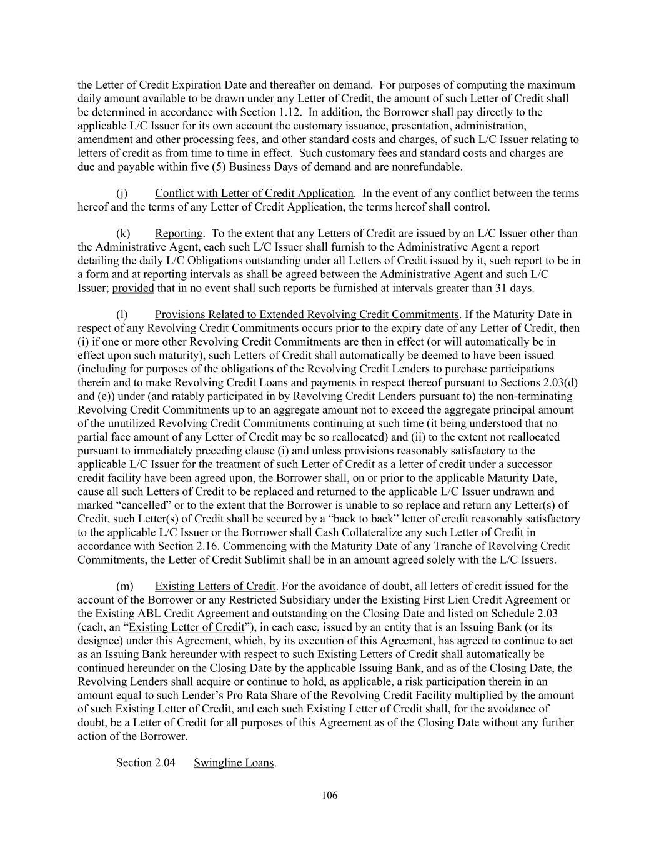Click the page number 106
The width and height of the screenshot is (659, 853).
pos(329,796)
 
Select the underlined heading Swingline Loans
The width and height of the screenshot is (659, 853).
pos(234,763)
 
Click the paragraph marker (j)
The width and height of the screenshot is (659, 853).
pos(122,194)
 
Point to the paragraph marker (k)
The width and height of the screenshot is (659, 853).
pos(122,234)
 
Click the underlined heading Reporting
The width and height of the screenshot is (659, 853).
pos(179,234)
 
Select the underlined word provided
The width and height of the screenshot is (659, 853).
pos(133,288)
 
